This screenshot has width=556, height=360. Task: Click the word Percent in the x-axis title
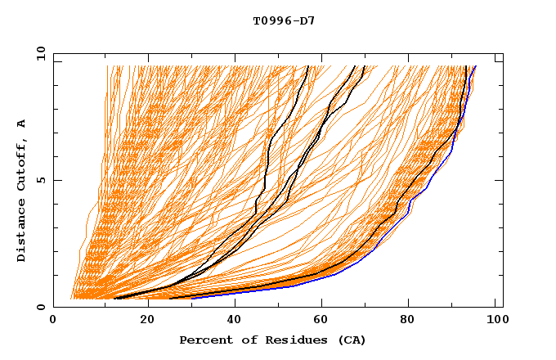pos(203,340)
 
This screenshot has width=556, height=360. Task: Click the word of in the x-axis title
pos(244,340)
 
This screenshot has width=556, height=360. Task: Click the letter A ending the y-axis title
pos(21,124)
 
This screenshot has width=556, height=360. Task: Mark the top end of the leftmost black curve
pos(307,66)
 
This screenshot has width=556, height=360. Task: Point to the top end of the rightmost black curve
pos(465,66)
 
